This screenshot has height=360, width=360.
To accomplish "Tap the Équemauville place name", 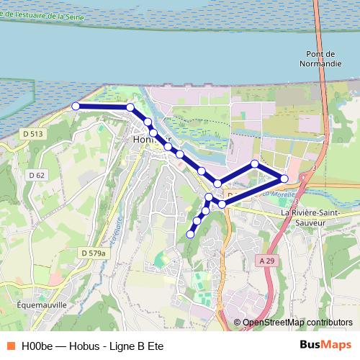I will click(42, 305).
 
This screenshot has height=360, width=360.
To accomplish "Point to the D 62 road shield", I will click(37, 174).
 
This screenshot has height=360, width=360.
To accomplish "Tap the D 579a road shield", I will click(94, 253).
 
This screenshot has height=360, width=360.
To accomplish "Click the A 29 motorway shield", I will click(267, 261).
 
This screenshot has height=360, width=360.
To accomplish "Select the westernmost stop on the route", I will click(76, 106).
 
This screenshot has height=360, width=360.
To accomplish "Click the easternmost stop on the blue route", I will click(284, 178).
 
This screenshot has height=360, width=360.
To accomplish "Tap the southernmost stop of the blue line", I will click(190, 234).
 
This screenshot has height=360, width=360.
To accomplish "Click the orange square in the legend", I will click(10, 346).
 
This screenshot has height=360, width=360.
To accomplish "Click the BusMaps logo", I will click(325, 345).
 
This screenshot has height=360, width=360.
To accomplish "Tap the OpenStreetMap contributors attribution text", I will click(297, 323).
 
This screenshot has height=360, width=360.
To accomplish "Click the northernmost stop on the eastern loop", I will click(255, 164).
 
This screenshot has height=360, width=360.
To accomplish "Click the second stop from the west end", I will click(130, 107).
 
